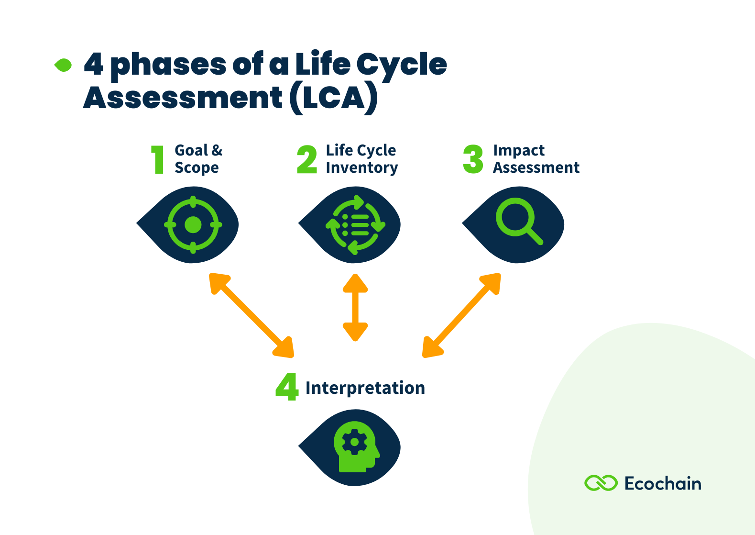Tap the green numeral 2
(x=307, y=160)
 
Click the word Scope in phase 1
(x=197, y=168)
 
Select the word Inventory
(x=361, y=168)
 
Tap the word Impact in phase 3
(x=518, y=151)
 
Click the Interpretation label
(x=365, y=388)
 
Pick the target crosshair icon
(x=193, y=224)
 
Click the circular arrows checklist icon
(x=355, y=224)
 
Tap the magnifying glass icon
(x=518, y=222)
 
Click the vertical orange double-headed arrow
(x=355, y=307)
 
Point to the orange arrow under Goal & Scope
(x=252, y=315)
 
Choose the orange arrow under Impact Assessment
(x=461, y=315)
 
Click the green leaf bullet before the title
(x=63, y=65)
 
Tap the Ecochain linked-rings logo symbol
(x=601, y=483)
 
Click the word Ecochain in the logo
(x=663, y=484)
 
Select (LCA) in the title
(x=333, y=98)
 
